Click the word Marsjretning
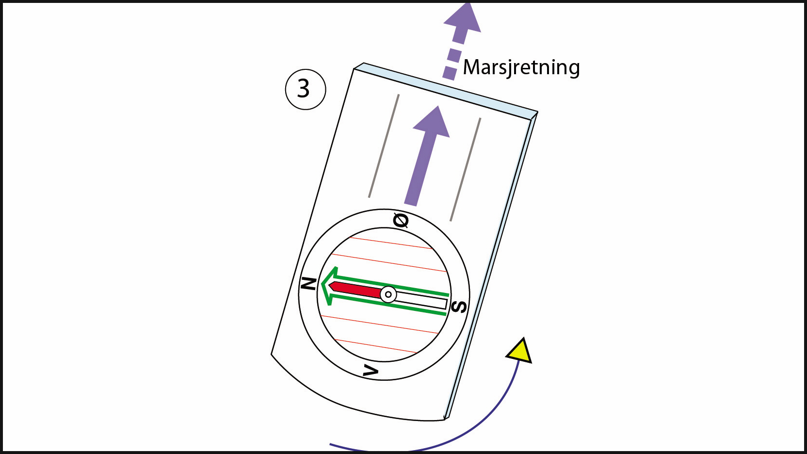(x=521, y=67)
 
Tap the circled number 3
(x=305, y=89)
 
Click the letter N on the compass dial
(x=309, y=283)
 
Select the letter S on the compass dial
(x=459, y=307)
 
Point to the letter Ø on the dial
(x=401, y=221)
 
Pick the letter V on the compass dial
(x=371, y=372)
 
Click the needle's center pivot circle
(x=388, y=294)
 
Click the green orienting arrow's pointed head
(x=328, y=286)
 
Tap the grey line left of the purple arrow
(x=384, y=146)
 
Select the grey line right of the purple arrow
(x=466, y=169)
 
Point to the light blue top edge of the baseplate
(x=446, y=91)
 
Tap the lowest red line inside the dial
(x=376, y=346)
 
